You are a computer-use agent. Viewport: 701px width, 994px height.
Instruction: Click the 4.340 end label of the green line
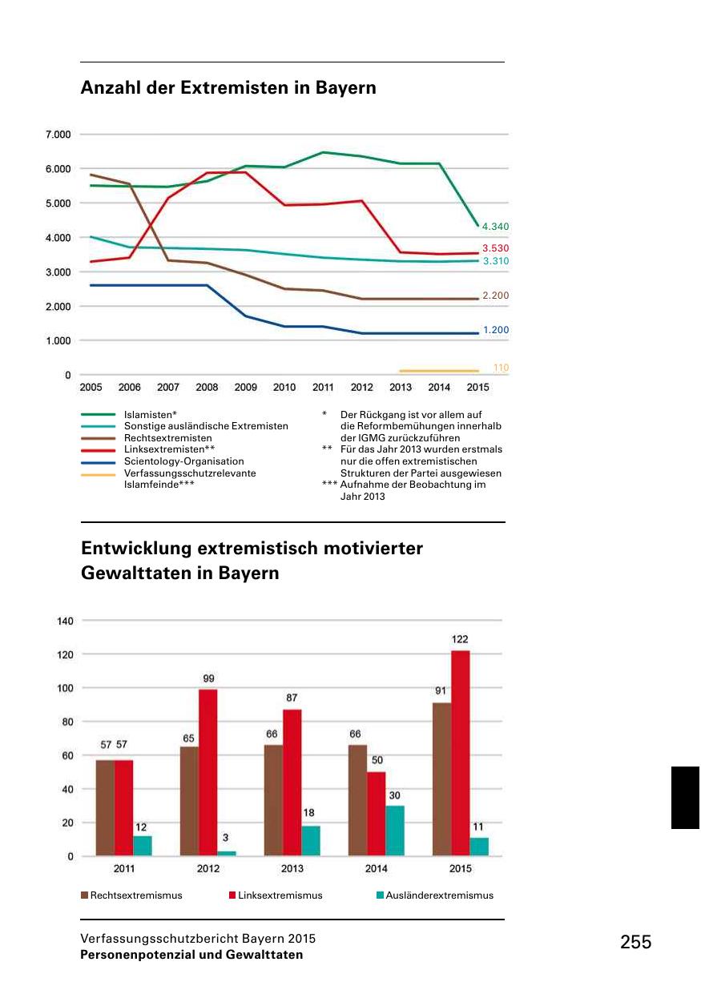[495, 227]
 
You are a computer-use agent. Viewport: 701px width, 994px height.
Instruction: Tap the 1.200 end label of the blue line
[495, 330]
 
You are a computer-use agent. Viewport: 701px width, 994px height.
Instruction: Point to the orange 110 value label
[501, 368]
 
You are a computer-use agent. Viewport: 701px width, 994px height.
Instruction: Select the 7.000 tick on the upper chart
[58, 134]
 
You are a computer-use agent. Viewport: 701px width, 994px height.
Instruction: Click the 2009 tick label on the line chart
[245, 388]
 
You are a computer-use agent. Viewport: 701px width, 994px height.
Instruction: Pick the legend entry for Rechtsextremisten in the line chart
[168, 438]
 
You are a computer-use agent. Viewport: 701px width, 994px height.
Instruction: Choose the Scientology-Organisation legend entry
[184, 461]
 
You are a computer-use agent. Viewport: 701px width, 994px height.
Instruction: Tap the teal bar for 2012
[227, 853]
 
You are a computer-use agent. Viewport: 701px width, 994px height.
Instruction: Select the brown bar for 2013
[274, 800]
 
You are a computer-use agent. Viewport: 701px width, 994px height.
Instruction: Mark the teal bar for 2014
[395, 831]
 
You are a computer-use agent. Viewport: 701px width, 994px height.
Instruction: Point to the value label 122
[460, 639]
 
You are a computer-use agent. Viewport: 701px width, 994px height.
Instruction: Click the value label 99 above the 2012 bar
[208, 678]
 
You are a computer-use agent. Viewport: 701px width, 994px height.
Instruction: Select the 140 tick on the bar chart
[65, 621]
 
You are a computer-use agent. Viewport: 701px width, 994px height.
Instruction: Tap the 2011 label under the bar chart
[124, 869]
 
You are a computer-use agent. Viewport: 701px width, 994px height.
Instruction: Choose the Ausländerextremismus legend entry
[439, 895]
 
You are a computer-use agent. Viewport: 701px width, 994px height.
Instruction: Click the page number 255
[635, 943]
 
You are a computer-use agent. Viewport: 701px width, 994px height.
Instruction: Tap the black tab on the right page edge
[685, 797]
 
